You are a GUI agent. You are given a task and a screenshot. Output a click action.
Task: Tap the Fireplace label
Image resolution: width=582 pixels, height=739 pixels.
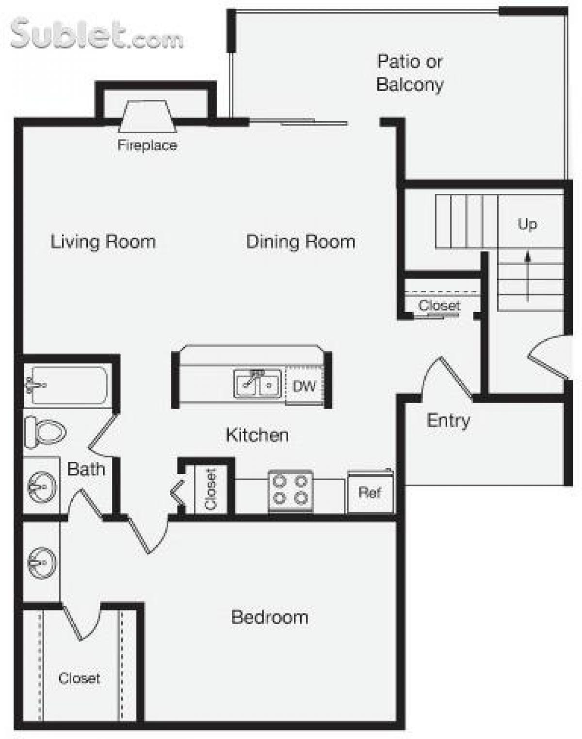147,145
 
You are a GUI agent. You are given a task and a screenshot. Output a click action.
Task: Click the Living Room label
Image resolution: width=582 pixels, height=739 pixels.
103,241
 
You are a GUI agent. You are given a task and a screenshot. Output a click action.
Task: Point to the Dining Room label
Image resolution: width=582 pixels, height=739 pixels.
301,241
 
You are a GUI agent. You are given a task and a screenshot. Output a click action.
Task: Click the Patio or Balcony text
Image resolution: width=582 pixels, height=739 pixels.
410,73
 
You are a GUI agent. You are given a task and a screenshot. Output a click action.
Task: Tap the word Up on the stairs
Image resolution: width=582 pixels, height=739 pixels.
527,224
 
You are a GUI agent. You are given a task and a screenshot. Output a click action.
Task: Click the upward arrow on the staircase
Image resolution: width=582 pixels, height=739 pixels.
528,276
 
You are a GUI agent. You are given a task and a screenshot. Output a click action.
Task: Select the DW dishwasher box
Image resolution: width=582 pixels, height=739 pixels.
304,386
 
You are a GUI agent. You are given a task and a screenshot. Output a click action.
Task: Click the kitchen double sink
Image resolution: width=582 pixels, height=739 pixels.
257,384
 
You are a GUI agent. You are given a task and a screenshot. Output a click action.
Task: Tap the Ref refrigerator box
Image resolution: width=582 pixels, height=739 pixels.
370,493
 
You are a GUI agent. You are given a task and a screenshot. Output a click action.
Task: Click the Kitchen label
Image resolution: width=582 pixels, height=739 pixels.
257,435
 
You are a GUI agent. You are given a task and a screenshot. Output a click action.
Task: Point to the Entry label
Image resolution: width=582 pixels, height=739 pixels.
448,420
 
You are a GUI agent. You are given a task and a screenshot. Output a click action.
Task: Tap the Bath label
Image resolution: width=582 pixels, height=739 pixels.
86,469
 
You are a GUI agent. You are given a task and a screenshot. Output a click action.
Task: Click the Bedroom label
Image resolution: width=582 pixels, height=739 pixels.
270,617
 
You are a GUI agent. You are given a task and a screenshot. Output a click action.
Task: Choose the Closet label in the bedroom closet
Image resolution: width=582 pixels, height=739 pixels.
79,678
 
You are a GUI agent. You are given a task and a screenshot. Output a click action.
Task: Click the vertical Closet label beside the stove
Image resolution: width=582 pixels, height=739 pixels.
210,489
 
